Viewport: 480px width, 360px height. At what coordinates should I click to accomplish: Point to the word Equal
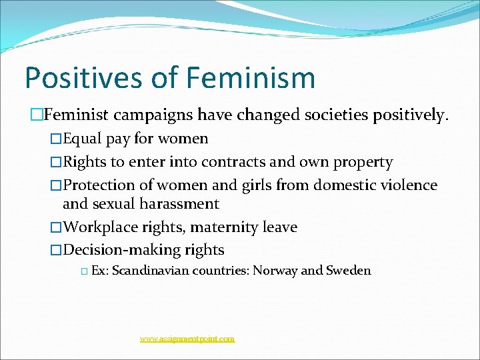point(83,139)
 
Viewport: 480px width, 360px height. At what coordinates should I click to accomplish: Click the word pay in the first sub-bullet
point(119,139)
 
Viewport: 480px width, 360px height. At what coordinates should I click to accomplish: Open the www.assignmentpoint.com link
point(187,339)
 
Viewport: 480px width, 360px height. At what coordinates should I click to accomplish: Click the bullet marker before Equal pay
point(56,139)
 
